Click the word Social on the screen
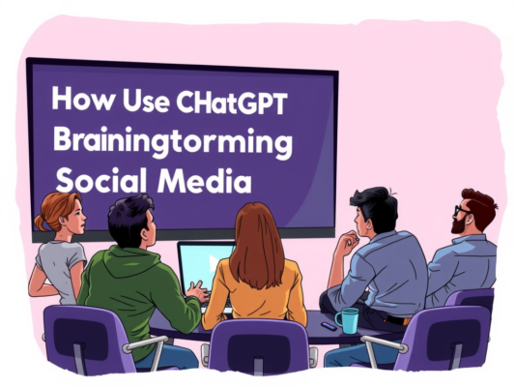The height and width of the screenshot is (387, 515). point(96,180)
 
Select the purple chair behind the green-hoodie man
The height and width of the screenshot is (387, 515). point(87,339)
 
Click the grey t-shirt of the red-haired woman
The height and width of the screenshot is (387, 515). point(60,266)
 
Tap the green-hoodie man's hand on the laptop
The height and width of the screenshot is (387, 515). point(197,290)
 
